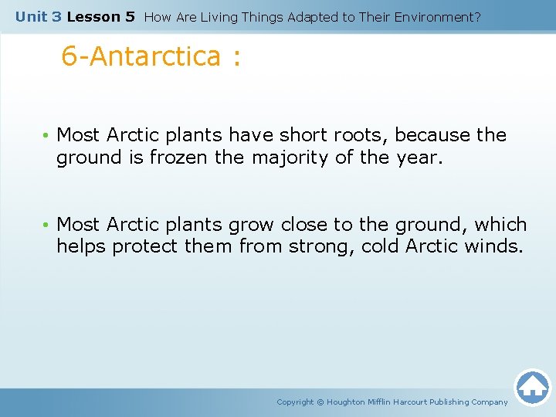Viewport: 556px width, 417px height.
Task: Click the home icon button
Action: pyautogui.click(x=532, y=387)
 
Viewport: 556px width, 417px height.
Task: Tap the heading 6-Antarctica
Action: pyautogui.click(x=151, y=56)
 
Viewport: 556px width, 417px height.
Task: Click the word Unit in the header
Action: pyautogui.click(x=32, y=16)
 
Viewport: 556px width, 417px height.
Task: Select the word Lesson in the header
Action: pyautogui.click(x=90, y=16)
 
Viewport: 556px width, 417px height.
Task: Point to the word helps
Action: pyautogui.click(x=81, y=247)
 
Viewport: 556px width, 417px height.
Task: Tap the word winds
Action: pyautogui.click(x=493, y=247)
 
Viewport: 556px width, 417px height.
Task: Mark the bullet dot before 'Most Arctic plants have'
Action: pyautogui.click(x=46, y=136)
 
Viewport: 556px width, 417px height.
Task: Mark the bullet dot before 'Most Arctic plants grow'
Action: pyautogui.click(x=46, y=225)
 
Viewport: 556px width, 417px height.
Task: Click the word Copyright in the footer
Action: pyautogui.click(x=295, y=402)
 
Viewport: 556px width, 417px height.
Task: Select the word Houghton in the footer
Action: pyautogui.click(x=352, y=402)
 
